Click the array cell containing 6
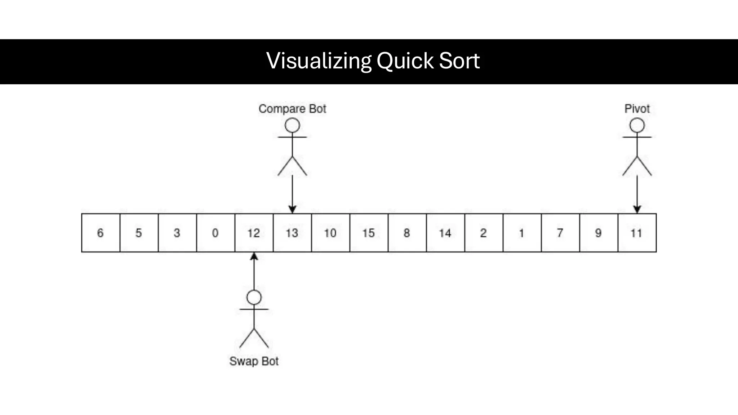101,233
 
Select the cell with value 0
215,233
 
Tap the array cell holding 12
254,233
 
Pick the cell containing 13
292,233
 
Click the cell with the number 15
369,233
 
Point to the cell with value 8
407,233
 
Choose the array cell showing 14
445,233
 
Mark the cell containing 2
484,233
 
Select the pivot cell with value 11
637,233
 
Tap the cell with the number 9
598,233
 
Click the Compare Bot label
292,109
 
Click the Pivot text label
637,109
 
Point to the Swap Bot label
254,361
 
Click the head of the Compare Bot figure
292,126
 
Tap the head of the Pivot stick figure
637,126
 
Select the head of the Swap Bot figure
254,298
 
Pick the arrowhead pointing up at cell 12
254,256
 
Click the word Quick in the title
405,61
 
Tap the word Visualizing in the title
319,61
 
